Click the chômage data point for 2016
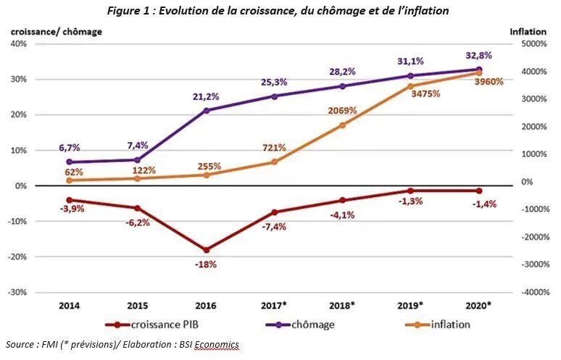[206, 111]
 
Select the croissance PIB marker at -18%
[206, 250]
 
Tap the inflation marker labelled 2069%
[343, 125]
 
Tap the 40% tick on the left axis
[17, 43]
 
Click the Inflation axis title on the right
[528, 32]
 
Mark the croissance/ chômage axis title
[56, 32]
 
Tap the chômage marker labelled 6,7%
[69, 162]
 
